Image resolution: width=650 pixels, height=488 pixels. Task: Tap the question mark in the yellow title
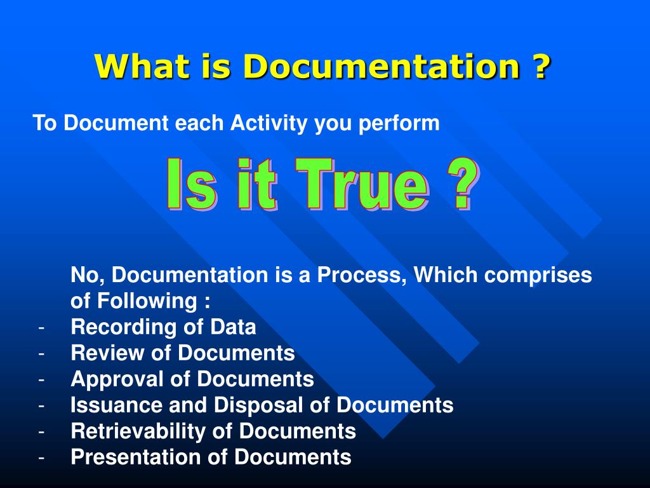point(540,66)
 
